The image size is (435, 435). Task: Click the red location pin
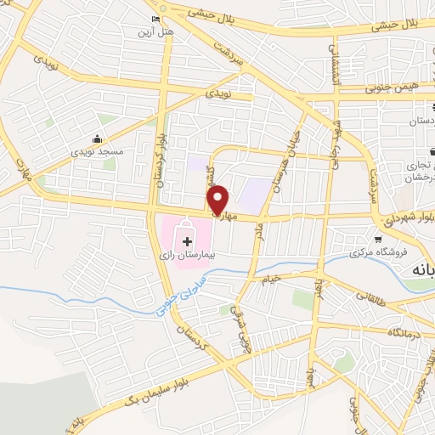pos(218,199)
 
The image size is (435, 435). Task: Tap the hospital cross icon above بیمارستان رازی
pos(188,242)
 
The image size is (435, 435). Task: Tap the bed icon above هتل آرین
pos(155,19)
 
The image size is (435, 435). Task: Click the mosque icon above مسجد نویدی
pos(98,138)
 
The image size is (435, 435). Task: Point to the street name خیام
pos(270,279)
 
